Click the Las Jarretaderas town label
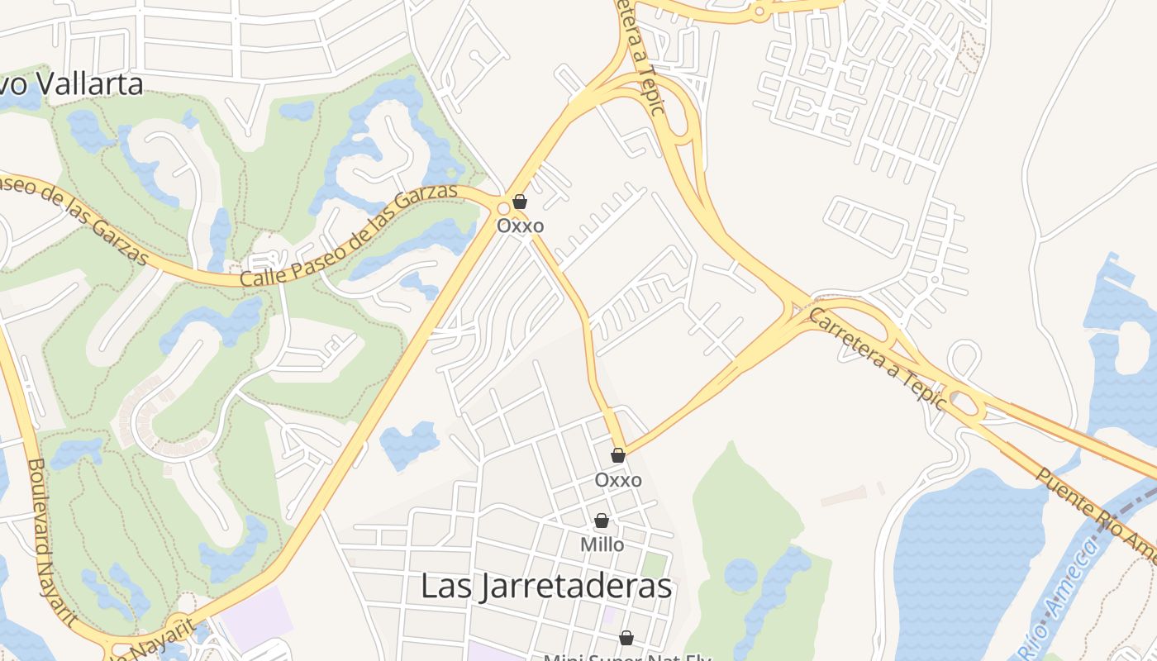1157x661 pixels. (x=545, y=586)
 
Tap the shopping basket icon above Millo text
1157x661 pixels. (x=602, y=521)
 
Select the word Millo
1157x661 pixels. (x=602, y=545)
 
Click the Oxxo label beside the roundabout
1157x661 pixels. (x=520, y=226)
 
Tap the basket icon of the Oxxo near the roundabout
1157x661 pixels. (x=520, y=201)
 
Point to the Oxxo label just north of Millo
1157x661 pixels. (x=618, y=480)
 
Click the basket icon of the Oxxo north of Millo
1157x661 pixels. (x=618, y=455)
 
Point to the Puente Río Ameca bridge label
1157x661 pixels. (x=1095, y=512)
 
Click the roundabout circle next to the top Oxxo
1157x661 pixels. (x=502, y=208)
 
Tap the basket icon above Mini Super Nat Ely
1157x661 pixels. (x=626, y=638)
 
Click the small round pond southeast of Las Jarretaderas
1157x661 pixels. (x=740, y=574)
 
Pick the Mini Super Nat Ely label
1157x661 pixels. (x=626, y=657)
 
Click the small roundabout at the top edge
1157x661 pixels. (x=759, y=12)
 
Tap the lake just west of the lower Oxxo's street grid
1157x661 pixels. (x=410, y=444)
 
